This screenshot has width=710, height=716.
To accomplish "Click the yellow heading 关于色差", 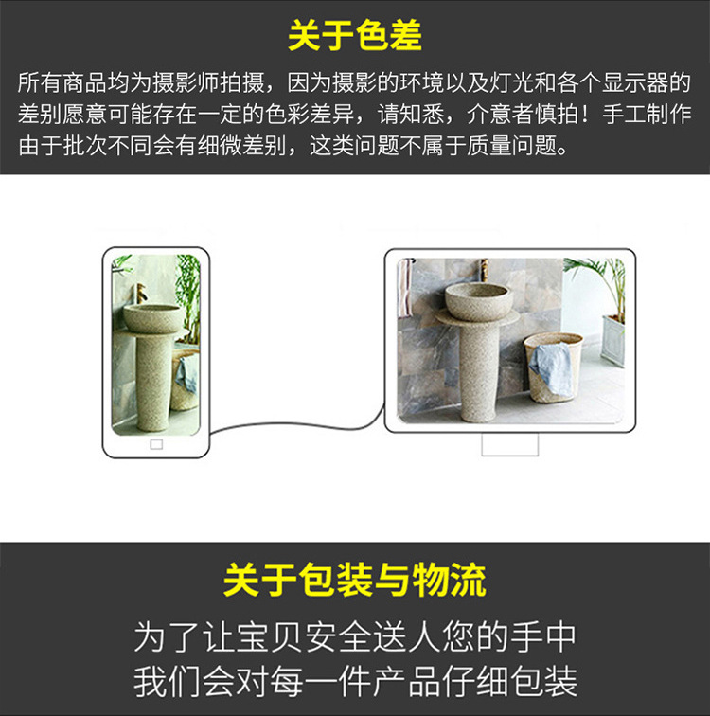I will point(355,36).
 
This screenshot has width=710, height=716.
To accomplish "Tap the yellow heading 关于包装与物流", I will point(355,581).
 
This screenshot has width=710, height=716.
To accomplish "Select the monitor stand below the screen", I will point(509,443).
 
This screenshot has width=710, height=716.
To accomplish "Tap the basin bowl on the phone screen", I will point(151,317).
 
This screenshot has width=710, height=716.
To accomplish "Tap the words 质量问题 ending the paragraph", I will point(526,148).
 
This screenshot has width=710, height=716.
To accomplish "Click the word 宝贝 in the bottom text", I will point(285,636).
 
